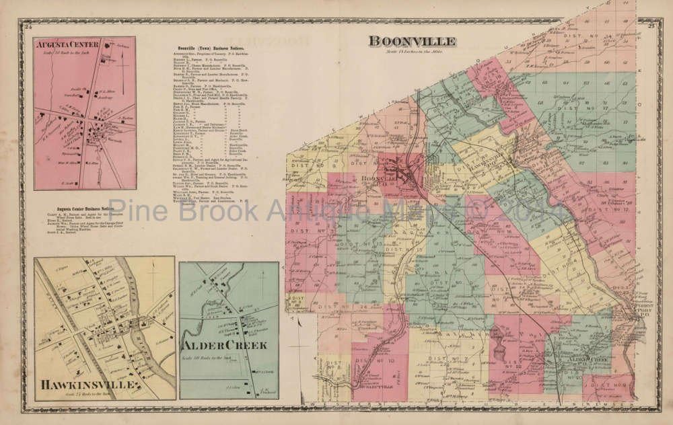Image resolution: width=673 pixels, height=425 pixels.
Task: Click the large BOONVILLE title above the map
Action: pos(412,41)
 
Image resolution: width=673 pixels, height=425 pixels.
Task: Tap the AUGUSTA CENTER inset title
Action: pos(67,45)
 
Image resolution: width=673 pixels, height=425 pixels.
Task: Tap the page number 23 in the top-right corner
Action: pos(651,26)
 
